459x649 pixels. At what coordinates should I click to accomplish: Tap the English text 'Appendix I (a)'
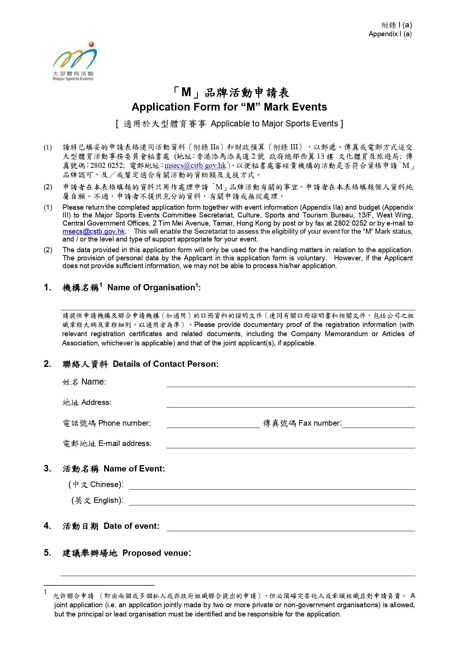[x=390, y=34]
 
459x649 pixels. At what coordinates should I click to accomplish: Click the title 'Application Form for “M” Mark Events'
[x=229, y=107]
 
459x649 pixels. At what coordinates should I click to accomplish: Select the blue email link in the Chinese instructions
[x=195, y=166]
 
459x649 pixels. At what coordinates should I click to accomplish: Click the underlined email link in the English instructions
[x=94, y=231]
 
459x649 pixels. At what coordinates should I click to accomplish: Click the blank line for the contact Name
[x=290, y=383]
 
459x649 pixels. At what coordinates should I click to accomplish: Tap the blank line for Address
[x=290, y=404]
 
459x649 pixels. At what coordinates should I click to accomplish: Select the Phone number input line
[x=213, y=425]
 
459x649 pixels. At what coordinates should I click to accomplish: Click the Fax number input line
[x=378, y=425]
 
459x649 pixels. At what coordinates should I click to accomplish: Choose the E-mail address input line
[x=290, y=445]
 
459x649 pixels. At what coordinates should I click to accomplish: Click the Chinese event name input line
[x=272, y=486]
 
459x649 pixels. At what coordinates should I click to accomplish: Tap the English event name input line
[x=272, y=502]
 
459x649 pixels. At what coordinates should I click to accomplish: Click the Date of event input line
[x=290, y=528]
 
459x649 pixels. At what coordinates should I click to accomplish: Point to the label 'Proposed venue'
[x=156, y=553]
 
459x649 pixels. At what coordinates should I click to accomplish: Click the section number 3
[x=47, y=469]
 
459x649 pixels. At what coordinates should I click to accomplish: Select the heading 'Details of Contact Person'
[x=165, y=364]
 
